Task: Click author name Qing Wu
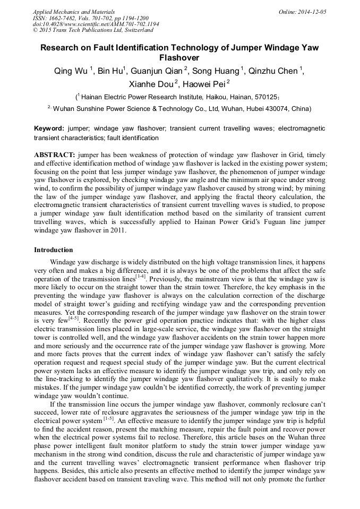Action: (72, 71)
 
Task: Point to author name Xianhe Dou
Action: (152, 84)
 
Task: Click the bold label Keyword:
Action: (49, 129)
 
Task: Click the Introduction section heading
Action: (54, 249)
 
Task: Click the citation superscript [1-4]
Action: (140, 276)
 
